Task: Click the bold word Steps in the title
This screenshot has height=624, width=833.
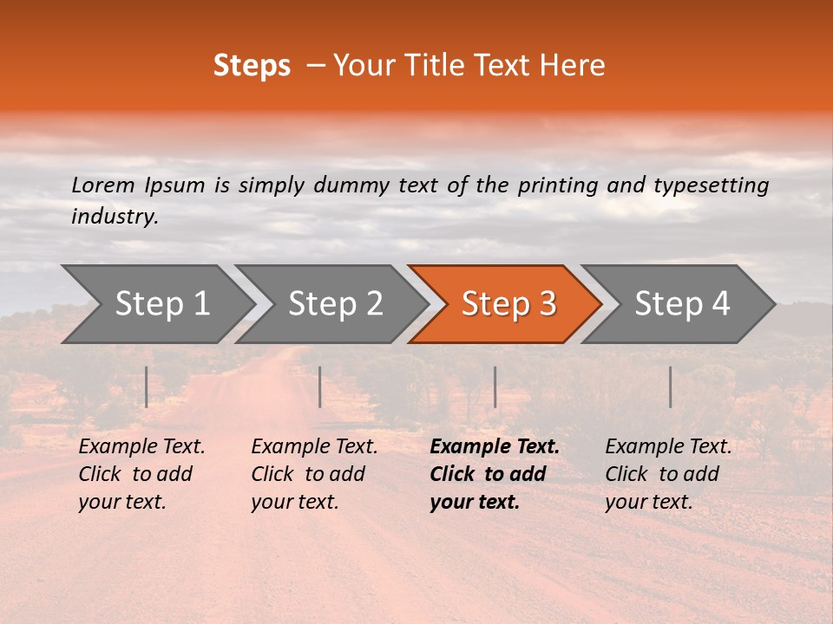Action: point(252,66)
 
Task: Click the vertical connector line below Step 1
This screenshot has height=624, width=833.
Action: point(147,387)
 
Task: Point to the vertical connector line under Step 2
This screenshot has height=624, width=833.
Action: point(320,387)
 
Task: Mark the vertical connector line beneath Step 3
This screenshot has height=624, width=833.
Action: point(495,387)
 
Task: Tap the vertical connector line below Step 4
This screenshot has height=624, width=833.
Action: point(671,387)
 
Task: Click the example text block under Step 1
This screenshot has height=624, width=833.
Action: point(141,474)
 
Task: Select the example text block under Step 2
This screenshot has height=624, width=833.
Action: point(314,474)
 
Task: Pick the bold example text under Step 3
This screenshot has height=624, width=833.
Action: point(495,474)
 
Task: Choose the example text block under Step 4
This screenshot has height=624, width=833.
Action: point(668,474)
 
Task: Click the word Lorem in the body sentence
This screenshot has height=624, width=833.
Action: point(103,185)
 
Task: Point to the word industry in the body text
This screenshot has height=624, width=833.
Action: point(114,217)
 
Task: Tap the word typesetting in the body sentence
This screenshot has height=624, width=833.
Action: point(712,185)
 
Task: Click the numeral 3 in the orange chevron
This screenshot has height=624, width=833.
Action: point(548,304)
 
